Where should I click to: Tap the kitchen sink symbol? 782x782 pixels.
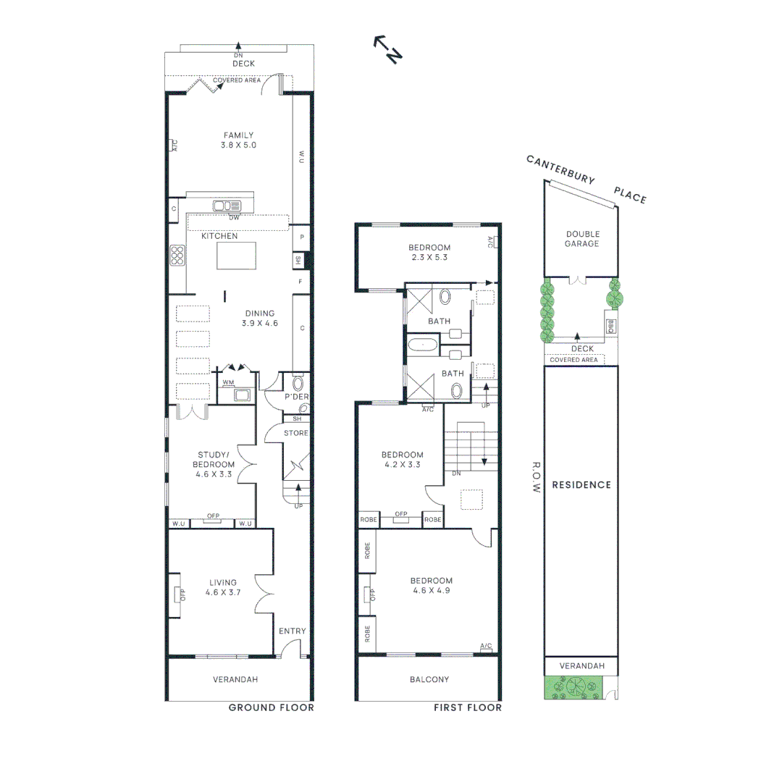pyautogui.click(x=226, y=206)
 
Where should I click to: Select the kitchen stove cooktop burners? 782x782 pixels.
pyautogui.click(x=177, y=256)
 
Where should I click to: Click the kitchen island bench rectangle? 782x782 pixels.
pyautogui.click(x=237, y=256)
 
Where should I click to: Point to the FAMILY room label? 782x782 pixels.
pyautogui.click(x=239, y=135)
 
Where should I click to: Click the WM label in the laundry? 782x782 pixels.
pyautogui.click(x=229, y=382)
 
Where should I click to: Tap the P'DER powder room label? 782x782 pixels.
pyautogui.click(x=296, y=398)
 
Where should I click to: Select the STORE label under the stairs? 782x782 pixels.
pyautogui.click(x=296, y=433)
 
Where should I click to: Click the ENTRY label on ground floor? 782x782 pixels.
pyautogui.click(x=293, y=631)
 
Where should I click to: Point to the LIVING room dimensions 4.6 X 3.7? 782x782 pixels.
pyautogui.click(x=222, y=592)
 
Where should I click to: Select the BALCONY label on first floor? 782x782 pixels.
pyautogui.click(x=429, y=679)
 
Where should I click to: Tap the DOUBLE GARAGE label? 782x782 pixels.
pyautogui.click(x=582, y=239)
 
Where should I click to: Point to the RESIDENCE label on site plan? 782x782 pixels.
pyautogui.click(x=581, y=485)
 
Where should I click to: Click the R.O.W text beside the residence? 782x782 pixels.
pyautogui.click(x=537, y=478)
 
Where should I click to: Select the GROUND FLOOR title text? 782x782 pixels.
pyautogui.click(x=271, y=707)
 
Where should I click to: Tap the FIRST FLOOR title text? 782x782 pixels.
pyautogui.click(x=467, y=707)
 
